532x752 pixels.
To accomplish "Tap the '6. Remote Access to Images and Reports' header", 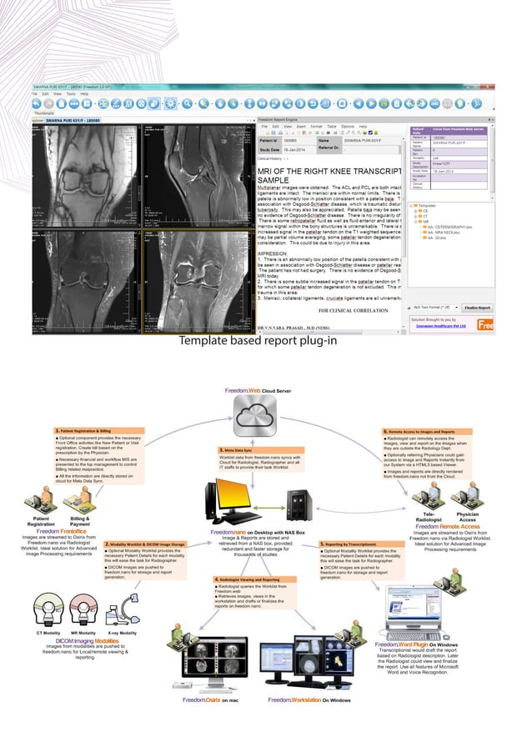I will pyautogui.click(x=425, y=431).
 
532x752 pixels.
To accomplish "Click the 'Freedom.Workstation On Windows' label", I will pyautogui.click(x=309, y=699).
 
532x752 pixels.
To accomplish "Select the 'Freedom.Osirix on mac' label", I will pyautogui.click(x=211, y=699).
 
